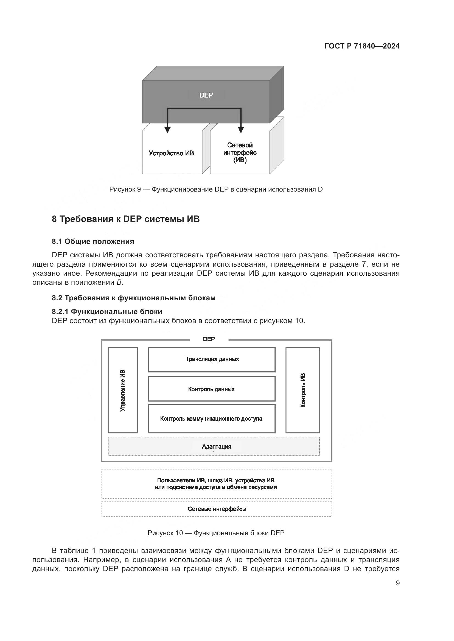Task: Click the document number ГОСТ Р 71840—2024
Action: (x=362, y=46)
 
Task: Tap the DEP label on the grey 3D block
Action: (x=206, y=95)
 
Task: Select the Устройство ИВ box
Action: (x=171, y=153)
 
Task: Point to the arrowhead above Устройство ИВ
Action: (x=167, y=130)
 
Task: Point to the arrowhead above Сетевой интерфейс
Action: (x=241, y=130)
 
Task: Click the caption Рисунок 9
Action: (x=216, y=189)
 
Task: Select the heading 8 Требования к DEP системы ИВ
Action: (x=126, y=219)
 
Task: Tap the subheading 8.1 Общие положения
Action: (x=93, y=241)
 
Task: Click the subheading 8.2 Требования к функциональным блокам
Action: (x=134, y=298)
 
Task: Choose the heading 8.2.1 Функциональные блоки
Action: (x=107, y=311)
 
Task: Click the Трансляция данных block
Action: (x=212, y=359)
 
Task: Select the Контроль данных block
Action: (x=212, y=389)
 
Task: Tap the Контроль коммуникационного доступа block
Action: (x=212, y=418)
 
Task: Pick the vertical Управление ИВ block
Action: (x=123, y=390)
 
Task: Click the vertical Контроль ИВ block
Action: (x=302, y=390)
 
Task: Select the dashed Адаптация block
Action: (x=214, y=446)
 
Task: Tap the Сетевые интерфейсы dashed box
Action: (x=217, y=509)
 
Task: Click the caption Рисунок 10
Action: (x=216, y=533)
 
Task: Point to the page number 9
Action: (x=398, y=583)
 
